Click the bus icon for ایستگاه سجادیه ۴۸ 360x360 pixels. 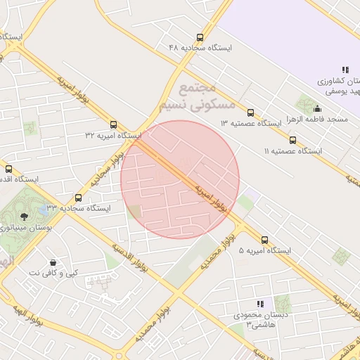tap(200, 38)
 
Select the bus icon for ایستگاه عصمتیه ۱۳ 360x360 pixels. tap(251, 112)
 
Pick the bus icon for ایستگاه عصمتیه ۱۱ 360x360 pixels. tap(292, 141)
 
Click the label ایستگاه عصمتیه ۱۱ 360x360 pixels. tap(292, 151)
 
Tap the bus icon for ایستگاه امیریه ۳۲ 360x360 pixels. tap(114, 124)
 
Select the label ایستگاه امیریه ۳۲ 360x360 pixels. tap(113, 134)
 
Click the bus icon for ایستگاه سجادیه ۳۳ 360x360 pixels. tap(78, 198)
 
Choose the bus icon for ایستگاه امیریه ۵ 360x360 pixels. tap(264, 240)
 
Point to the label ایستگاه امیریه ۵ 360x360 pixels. tap(264, 250)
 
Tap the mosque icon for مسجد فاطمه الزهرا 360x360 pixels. tap(317, 109)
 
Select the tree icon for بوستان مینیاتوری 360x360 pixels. tap(25, 216)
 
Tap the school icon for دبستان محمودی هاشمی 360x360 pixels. tap(260, 304)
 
